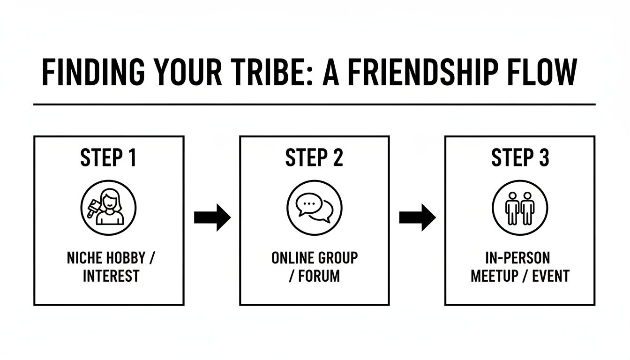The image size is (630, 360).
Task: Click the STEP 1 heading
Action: click(108, 158)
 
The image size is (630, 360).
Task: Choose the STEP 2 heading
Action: click(314, 158)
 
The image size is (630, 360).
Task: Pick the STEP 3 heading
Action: click(520, 158)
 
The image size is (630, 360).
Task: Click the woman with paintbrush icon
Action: click(108, 208)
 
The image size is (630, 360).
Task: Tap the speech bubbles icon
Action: click(314, 208)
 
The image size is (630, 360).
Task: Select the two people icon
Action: click(520, 208)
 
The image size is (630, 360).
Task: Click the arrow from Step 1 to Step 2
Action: click(212, 217)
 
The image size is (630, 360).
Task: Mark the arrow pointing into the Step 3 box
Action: click(417, 217)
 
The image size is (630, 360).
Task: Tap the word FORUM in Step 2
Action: click(319, 276)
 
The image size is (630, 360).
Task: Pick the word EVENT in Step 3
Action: click(551, 276)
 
